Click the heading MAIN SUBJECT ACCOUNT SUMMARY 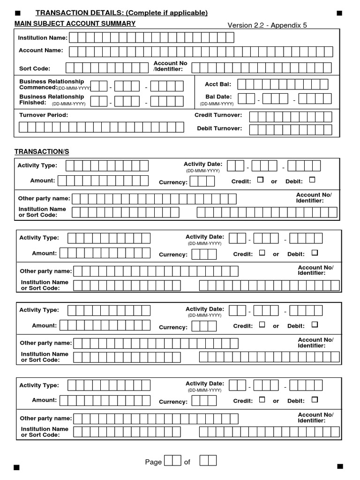pyautogui.click(x=75, y=23)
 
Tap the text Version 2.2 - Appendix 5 pyautogui.click(x=267, y=25)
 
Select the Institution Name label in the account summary pyautogui.click(x=43, y=38)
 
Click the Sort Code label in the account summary pyautogui.click(x=34, y=68)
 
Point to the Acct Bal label pyautogui.click(x=218, y=84)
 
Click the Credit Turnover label pyautogui.click(x=218, y=115)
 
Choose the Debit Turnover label pyautogui.click(x=219, y=128)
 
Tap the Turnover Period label pyautogui.click(x=44, y=115)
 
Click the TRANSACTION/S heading pyautogui.click(x=42, y=151)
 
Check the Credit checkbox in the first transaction pyautogui.click(x=261, y=180)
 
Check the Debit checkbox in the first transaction pyautogui.click(x=312, y=180)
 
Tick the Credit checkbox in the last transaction pyautogui.click(x=262, y=399)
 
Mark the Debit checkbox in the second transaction pyautogui.click(x=315, y=253)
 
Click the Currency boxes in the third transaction pyautogui.click(x=204, y=326)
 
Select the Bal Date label pyautogui.click(x=218, y=97)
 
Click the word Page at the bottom pyautogui.click(x=153, y=462)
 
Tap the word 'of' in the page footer pyautogui.click(x=187, y=462)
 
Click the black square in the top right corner pyautogui.click(x=339, y=13)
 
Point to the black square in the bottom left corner pyautogui.click(x=17, y=467)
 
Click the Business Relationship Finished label pyautogui.click(x=52, y=99)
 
